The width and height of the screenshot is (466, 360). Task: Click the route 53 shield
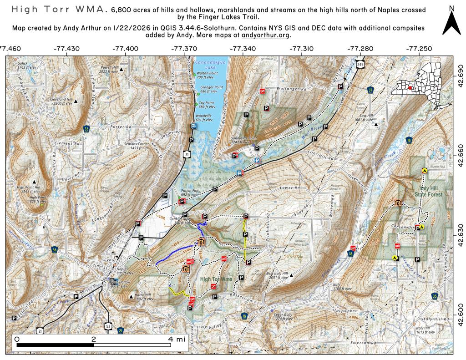(108, 326)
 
